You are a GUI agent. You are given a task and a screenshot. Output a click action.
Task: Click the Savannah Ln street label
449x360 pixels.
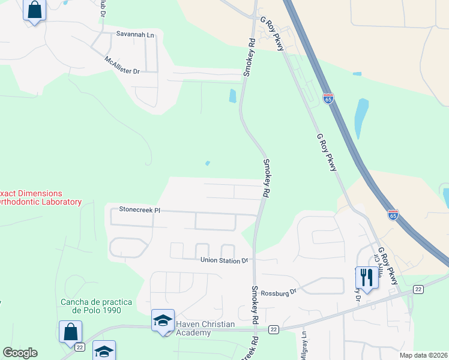135,35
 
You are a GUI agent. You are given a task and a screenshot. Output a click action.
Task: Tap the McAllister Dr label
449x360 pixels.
122,65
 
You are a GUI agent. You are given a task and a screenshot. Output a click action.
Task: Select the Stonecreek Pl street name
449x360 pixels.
140,210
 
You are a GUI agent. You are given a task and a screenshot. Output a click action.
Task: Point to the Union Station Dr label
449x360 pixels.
224,260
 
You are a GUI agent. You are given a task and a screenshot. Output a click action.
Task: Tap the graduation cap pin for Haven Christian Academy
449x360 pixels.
163,320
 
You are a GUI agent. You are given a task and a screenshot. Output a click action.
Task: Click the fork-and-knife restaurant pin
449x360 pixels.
367,277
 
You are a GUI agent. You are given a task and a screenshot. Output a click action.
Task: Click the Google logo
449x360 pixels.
20,353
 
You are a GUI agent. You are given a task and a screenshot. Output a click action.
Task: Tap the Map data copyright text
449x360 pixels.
423,355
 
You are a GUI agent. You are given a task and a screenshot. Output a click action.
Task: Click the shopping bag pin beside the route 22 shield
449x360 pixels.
71,331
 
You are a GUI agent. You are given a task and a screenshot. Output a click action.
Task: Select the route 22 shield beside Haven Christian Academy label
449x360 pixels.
273,329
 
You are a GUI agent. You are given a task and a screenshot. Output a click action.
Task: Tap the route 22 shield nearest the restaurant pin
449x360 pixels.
418,289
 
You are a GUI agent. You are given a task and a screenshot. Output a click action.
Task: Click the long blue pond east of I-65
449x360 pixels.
361,118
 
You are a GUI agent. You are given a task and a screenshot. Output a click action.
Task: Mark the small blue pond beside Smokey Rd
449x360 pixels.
232,95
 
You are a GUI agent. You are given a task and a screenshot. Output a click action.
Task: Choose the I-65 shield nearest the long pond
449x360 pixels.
328,98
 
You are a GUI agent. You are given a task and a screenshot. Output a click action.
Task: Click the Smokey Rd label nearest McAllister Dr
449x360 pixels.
249,58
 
